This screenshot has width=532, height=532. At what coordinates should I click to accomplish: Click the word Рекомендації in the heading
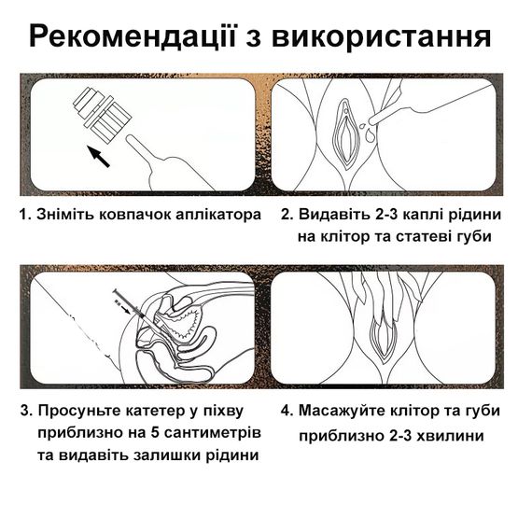point(132,36)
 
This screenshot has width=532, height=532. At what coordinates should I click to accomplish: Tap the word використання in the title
point(381,36)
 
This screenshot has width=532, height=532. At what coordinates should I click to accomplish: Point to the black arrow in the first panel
point(98,157)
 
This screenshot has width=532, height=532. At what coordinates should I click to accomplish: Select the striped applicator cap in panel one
point(102,116)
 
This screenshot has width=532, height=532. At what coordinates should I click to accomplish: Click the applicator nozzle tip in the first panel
point(130,139)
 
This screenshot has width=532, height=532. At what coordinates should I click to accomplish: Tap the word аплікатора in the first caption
point(224,215)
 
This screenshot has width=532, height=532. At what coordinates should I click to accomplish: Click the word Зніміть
point(65,215)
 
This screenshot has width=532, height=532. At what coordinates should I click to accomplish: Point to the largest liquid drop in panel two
point(370,136)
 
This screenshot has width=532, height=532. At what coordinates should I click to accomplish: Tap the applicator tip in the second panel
point(372,119)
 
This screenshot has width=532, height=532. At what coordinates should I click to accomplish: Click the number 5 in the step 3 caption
point(155,433)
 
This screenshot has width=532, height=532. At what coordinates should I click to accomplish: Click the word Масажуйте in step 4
point(342,411)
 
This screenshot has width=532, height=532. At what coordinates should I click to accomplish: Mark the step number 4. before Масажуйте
point(287,411)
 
